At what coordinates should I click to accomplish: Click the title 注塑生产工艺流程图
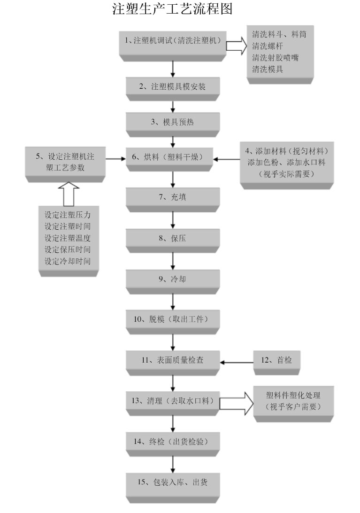173,9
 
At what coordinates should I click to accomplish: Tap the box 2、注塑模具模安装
173,87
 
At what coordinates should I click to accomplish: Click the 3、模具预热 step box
173,123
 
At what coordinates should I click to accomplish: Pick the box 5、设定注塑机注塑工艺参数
65,162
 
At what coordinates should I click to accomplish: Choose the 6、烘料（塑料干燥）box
173,158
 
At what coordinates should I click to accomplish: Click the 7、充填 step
173,197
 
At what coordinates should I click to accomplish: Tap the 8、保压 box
173,238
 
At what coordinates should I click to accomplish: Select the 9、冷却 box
173,279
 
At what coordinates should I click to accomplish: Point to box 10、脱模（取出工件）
173,319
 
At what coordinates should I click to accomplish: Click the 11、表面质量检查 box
173,361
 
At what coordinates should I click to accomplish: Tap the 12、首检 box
276,360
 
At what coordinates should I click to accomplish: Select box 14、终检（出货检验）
173,442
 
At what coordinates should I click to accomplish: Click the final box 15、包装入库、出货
173,482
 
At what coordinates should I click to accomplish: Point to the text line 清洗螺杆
266,46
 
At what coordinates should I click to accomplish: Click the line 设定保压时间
68,249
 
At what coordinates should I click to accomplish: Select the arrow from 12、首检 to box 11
237,362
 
